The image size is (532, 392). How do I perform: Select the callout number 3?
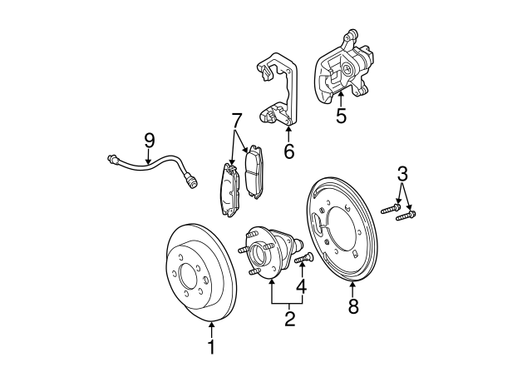[402, 175]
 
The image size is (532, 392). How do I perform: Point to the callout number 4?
[302, 287]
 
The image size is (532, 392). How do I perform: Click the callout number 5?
[341, 115]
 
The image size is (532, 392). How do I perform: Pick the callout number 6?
[288, 151]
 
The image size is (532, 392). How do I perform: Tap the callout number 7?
[237, 121]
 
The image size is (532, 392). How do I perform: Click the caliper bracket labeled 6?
[274, 92]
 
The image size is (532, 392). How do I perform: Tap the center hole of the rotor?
[188, 274]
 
